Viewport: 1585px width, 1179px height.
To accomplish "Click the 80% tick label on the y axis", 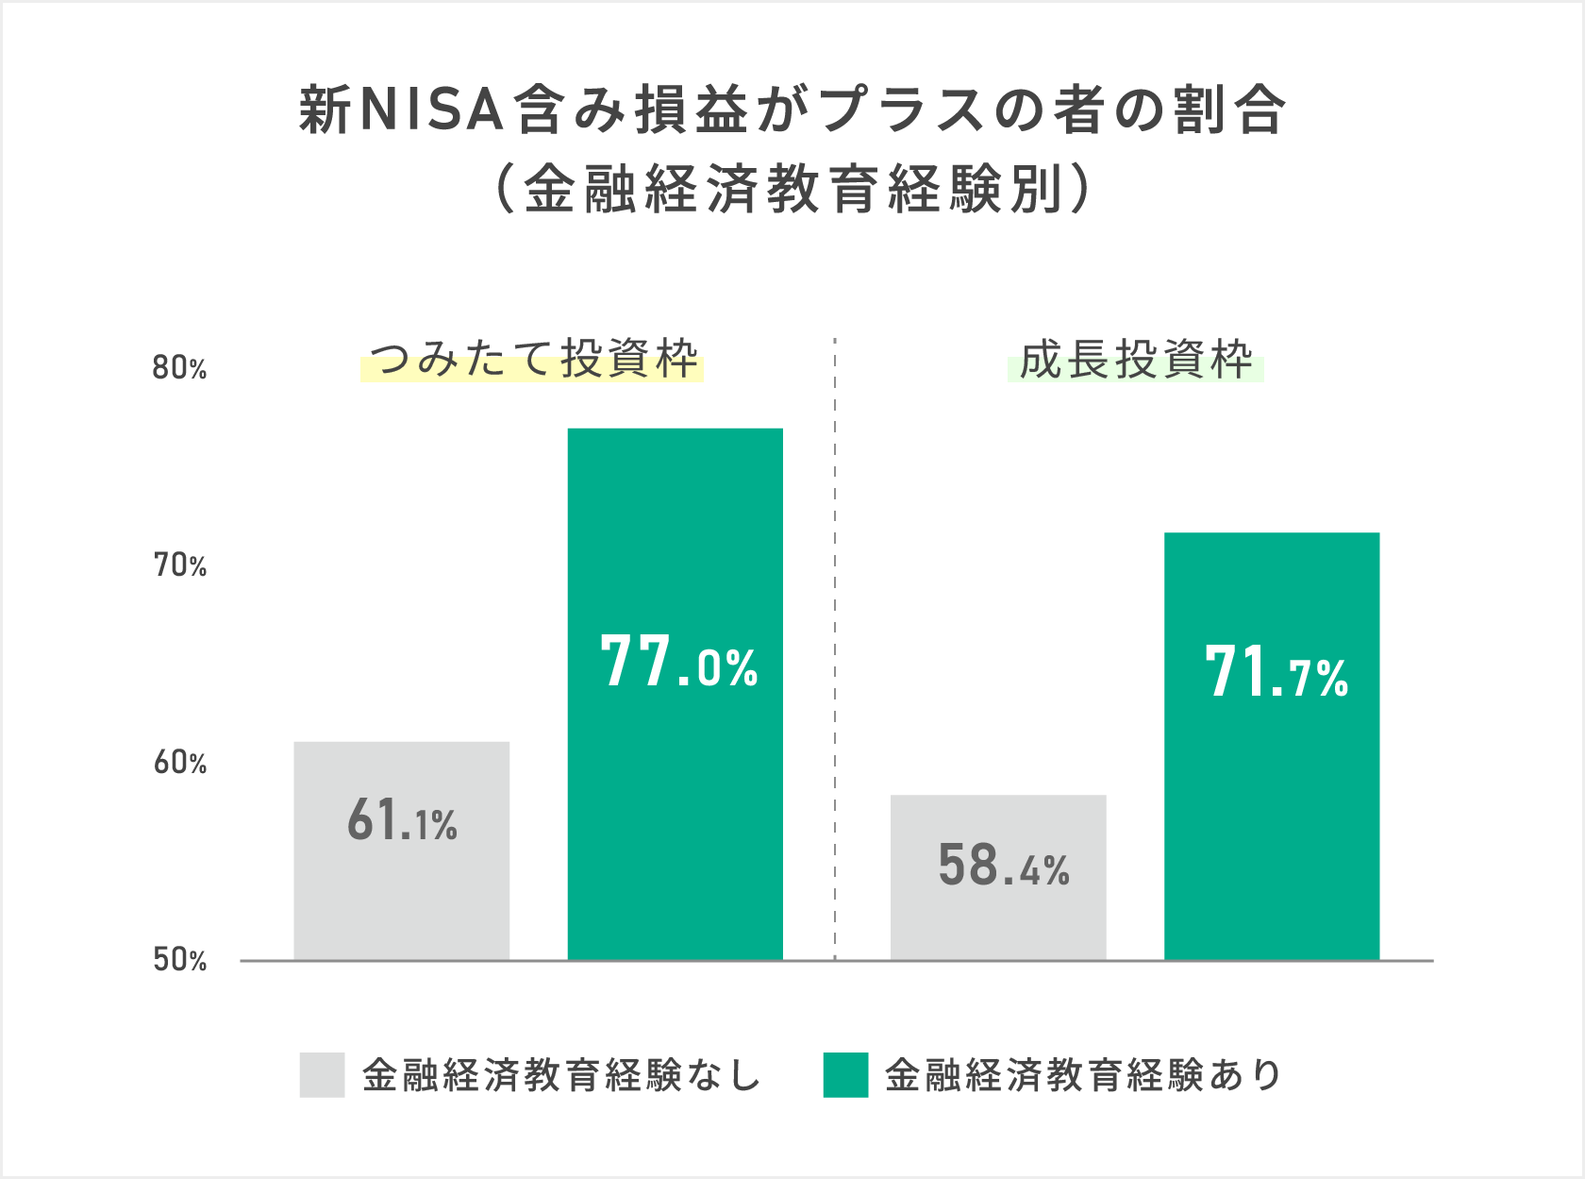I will click(x=179, y=368).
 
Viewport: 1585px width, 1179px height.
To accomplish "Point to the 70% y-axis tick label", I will click(x=179, y=565).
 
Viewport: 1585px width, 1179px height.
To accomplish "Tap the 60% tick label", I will click(x=179, y=763).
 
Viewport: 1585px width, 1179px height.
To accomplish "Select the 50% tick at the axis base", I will click(x=179, y=960).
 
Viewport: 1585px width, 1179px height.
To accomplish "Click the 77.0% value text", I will click(x=678, y=663).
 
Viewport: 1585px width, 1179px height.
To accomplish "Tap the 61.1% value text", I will click(x=402, y=820).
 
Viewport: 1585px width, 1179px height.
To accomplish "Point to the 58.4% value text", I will click(x=1003, y=866).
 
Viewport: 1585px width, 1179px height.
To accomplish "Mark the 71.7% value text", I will click(x=1276, y=673).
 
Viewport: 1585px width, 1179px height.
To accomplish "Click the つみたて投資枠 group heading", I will click(x=533, y=360).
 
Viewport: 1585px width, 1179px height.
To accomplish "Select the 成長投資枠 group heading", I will click(x=1135, y=360).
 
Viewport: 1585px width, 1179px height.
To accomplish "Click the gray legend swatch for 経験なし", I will click(x=322, y=1075).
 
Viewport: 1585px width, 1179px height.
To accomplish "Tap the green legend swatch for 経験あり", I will click(x=845, y=1075).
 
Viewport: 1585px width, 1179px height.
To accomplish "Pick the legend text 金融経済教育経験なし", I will click(x=561, y=1075).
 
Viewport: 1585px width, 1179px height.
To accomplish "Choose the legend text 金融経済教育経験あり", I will click(x=1083, y=1075).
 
